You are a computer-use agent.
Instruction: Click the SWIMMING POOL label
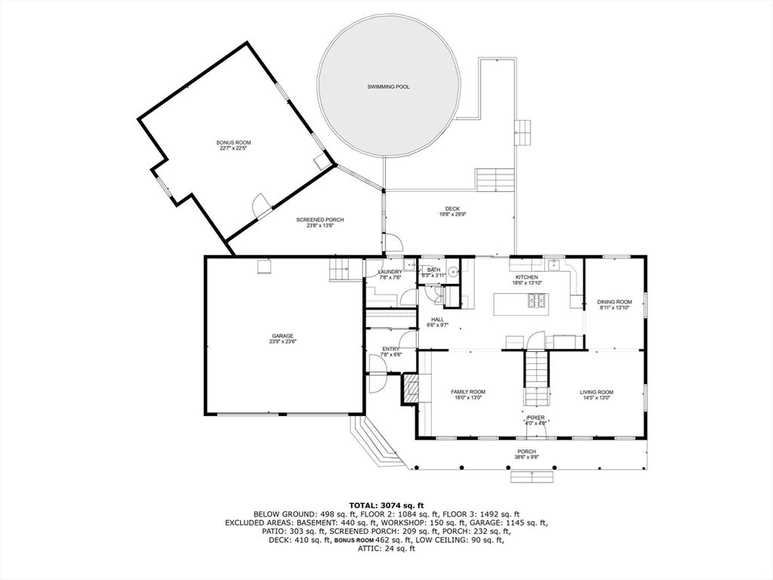(388, 87)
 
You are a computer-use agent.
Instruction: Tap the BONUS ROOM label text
(233, 143)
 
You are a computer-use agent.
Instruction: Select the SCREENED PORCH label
(325, 220)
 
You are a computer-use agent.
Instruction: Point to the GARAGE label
(283, 336)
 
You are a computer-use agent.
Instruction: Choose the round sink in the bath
(453, 273)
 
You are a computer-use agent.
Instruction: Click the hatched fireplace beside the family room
(411, 390)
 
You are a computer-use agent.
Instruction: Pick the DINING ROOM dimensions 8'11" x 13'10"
(615, 308)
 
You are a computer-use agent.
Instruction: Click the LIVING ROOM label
(596, 392)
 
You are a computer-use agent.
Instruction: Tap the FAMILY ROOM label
(468, 392)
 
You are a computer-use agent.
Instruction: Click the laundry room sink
(408, 265)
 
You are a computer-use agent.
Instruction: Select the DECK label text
(452, 208)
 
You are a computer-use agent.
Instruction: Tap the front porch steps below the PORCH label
(532, 477)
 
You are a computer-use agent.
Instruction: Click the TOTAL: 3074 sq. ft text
(386, 504)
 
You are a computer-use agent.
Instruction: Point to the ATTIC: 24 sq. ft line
(386, 548)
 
